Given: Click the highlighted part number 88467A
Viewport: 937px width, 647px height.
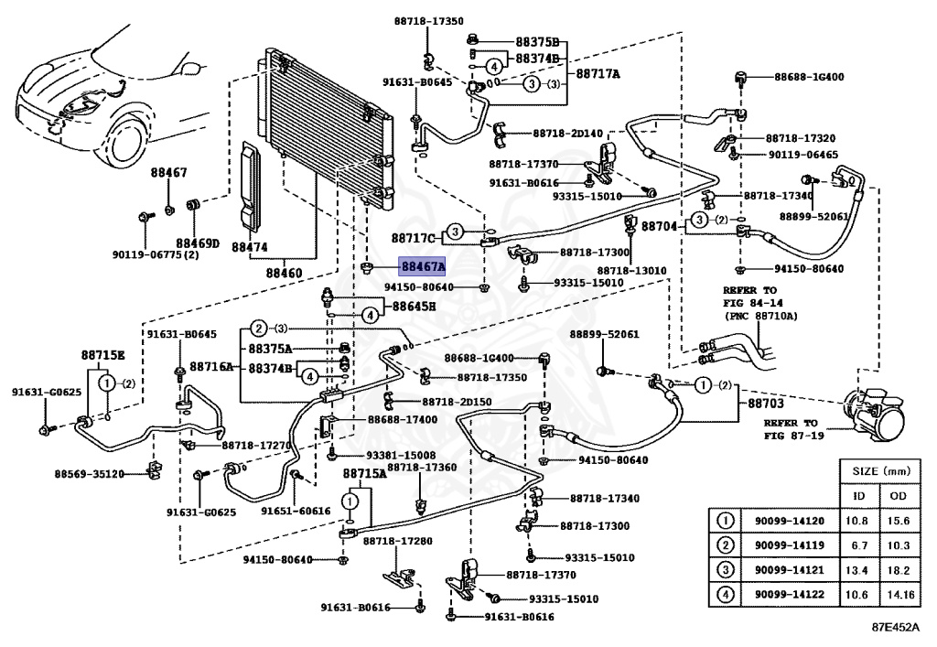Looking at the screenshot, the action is [x=423, y=266].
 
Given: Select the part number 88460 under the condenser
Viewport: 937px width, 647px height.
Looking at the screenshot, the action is [x=284, y=273].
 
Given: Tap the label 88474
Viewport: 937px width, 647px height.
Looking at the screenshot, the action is [x=249, y=247].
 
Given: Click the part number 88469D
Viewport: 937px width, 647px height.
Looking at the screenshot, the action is [x=198, y=243].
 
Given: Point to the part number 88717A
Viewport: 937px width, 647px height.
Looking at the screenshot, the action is [x=598, y=74].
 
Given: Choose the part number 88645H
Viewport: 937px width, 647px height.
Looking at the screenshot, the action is [x=414, y=307].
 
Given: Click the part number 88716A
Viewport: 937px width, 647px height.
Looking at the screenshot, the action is [x=211, y=366].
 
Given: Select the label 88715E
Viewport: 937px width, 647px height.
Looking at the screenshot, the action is [x=102, y=355].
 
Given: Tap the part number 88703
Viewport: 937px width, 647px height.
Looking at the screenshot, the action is [x=766, y=404].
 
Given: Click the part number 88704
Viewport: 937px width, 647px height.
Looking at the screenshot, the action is [x=659, y=226].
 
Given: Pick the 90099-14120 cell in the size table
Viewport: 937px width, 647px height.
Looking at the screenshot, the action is [x=789, y=521].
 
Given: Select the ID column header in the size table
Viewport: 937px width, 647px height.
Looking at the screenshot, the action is [x=858, y=496].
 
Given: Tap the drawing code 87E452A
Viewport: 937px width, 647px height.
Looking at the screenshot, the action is [x=895, y=627].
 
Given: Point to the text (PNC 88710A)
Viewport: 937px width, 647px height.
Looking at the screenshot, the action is [x=760, y=316].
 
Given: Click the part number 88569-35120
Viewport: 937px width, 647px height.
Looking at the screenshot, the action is [x=89, y=474].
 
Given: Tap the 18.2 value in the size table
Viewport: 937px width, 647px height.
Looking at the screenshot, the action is [x=898, y=570].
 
